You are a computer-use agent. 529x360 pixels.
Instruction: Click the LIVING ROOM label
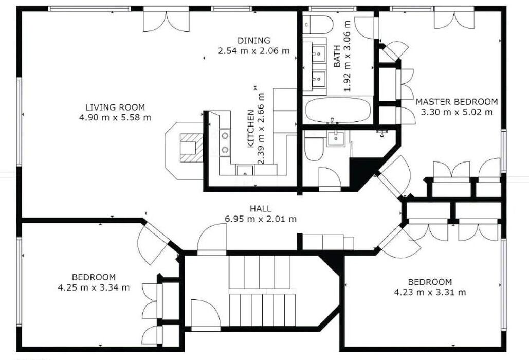(115, 107)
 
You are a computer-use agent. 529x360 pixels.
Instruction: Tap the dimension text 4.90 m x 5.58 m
(115, 118)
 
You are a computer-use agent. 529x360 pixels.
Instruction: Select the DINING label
(254, 41)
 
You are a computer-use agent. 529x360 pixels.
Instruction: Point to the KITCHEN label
(251, 129)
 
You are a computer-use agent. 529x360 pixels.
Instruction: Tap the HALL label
(261, 208)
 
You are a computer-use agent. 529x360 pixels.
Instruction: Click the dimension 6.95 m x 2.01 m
(261, 219)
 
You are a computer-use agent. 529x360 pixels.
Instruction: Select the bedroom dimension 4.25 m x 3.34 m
(94, 288)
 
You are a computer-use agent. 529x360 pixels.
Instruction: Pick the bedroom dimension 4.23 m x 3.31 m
(430, 292)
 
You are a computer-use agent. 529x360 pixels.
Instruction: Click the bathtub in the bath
(338, 110)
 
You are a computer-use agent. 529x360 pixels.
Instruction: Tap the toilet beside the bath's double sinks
(318, 25)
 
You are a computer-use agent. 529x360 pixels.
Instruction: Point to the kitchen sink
(244, 170)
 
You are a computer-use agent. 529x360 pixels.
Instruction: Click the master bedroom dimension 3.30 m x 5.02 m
(457, 112)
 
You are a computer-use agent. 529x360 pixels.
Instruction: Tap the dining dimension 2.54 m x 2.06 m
(254, 51)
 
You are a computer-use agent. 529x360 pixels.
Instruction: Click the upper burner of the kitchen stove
(225, 136)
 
